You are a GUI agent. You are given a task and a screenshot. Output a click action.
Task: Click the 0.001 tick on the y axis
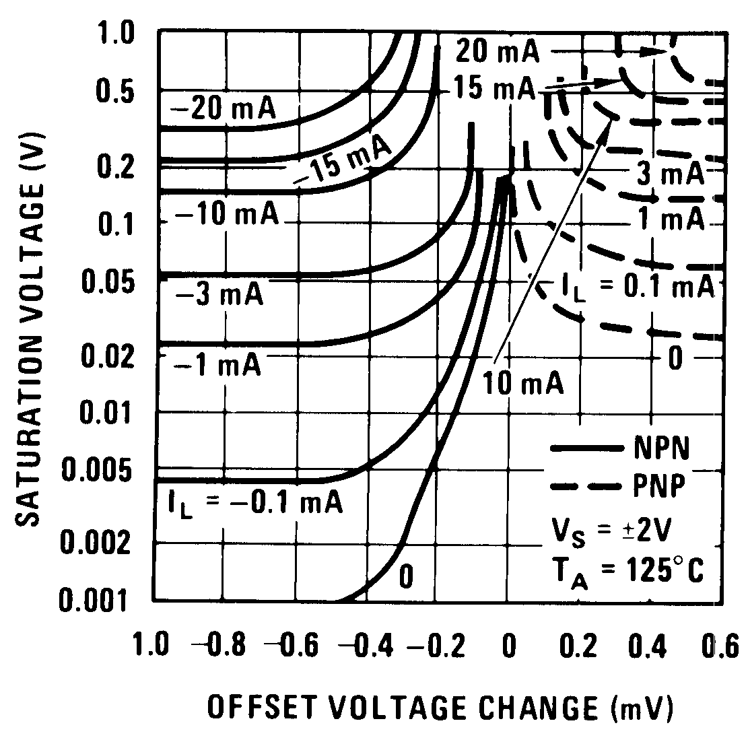click(103, 599)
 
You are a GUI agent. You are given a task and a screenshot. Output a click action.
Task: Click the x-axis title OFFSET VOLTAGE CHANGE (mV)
click(440, 708)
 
